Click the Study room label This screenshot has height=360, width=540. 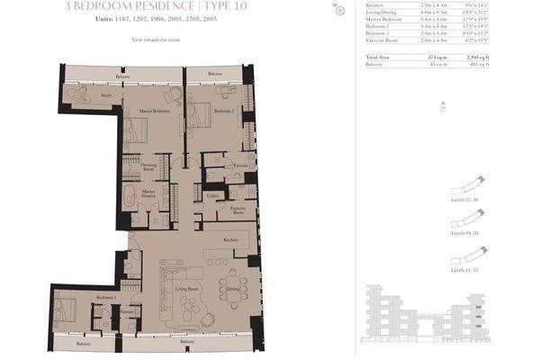(x=106, y=94)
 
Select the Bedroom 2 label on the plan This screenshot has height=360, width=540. (x=223, y=111)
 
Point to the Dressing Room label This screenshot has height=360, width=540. (x=148, y=167)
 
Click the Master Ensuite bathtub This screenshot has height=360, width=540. (x=130, y=199)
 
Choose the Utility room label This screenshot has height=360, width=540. (x=213, y=194)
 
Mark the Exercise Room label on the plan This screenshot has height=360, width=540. (x=238, y=210)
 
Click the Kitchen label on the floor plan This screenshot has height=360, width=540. (x=231, y=240)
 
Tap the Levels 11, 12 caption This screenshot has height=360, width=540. (x=464, y=269)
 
